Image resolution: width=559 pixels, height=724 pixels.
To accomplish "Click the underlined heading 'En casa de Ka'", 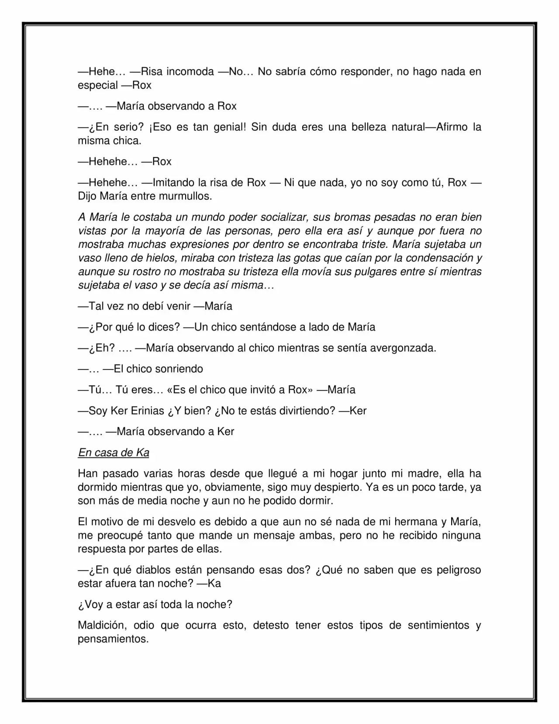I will point(114,452).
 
